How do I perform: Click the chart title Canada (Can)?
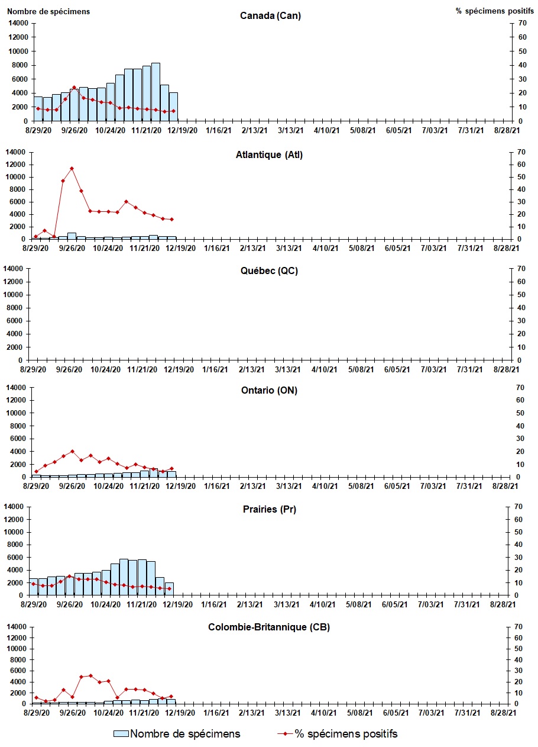click(270, 16)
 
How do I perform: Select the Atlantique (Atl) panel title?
click(269, 155)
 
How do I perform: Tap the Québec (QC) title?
click(269, 272)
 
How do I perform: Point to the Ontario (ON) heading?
click(269, 391)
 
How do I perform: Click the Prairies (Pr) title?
click(269, 510)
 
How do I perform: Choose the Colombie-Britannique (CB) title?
click(269, 627)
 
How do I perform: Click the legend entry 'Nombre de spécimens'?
click(177, 734)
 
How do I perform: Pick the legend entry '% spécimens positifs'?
click(338, 734)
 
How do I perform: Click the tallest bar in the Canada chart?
click(155, 92)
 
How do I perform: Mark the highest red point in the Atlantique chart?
click(72, 169)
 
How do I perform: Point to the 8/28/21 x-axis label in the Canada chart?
click(507, 130)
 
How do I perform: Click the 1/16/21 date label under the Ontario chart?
click(216, 486)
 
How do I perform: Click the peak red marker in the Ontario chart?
click(72, 452)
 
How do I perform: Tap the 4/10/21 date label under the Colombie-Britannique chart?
click(325, 713)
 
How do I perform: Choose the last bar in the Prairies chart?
click(169, 588)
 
